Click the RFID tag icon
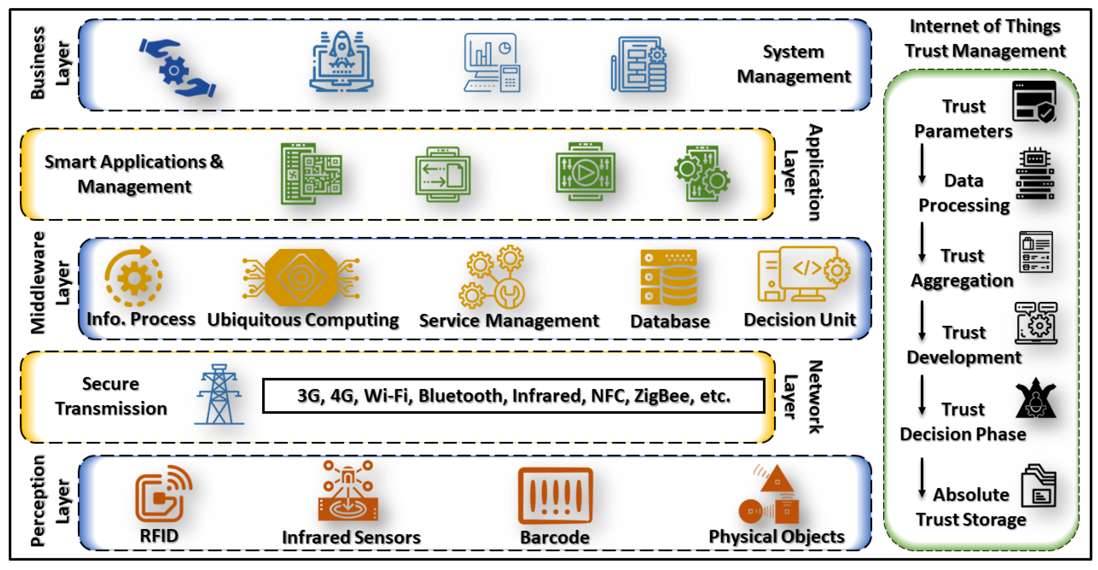coord(163,494)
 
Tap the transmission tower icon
coord(219,395)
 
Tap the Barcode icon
coord(555,496)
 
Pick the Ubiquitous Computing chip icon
coord(301,278)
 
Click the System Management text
coord(794,64)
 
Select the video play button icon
coord(585,172)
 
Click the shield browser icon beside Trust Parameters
coord(1034,102)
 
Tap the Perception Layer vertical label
coord(50,501)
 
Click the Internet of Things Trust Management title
coord(985,39)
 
